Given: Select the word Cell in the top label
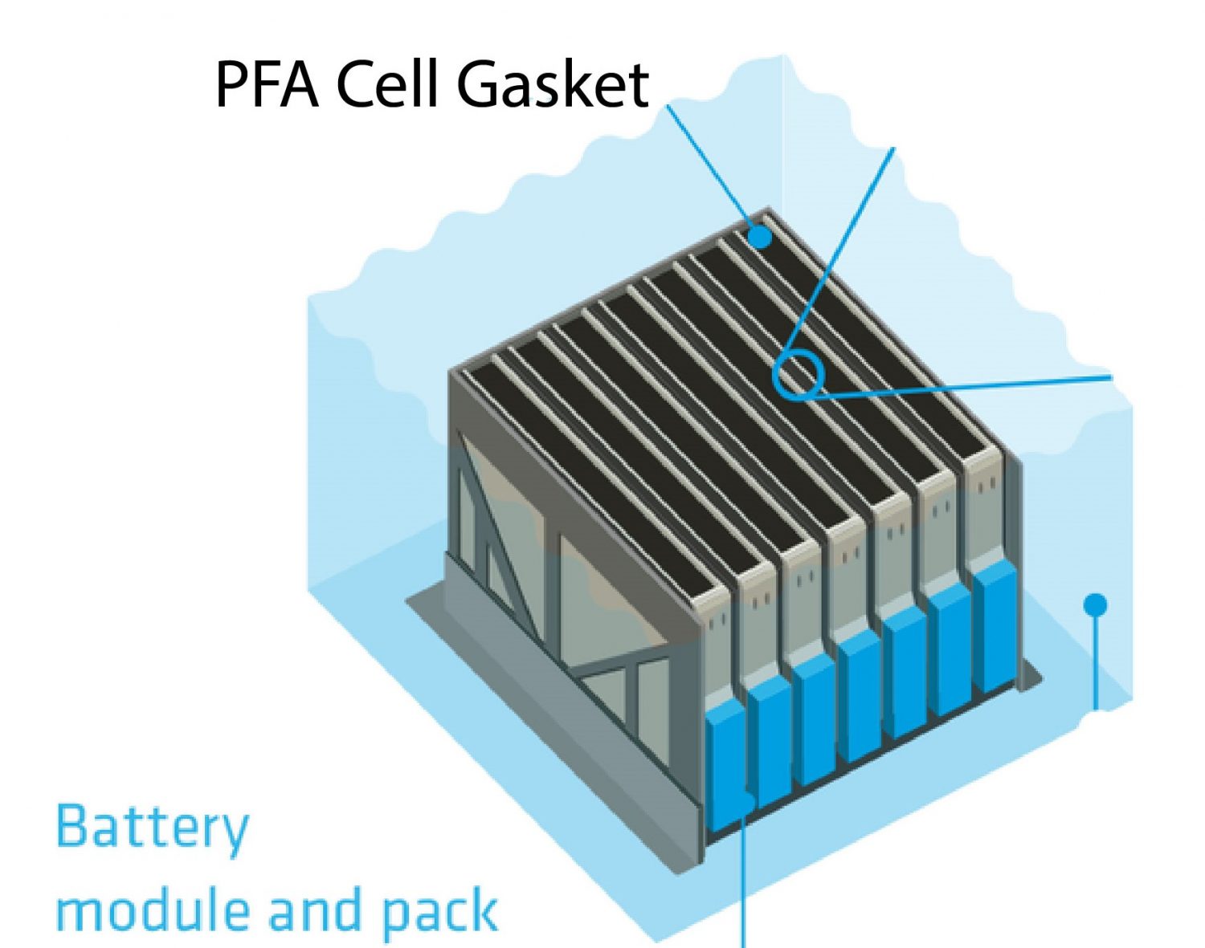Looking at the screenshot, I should tap(389, 84).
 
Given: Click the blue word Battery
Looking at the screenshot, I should tap(153, 827).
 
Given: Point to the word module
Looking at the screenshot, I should tap(153, 911).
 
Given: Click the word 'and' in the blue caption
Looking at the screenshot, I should tap(314, 911).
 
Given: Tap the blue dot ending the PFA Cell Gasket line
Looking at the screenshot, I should tap(758, 237).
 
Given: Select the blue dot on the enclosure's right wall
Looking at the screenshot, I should tap(1095, 604).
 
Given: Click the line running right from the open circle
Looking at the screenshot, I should tap(964, 384).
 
